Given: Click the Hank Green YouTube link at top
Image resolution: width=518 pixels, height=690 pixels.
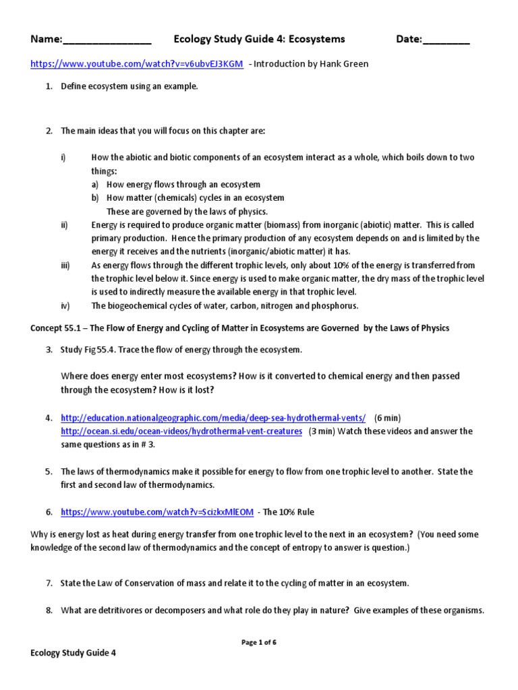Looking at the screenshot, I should coord(136,64).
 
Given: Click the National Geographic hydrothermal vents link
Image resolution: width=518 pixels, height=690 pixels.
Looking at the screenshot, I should coord(213,418).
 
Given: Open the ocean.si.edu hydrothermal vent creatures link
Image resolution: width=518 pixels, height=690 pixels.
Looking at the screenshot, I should coord(181,431).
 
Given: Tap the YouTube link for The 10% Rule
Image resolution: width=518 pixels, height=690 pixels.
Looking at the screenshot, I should coord(157,512).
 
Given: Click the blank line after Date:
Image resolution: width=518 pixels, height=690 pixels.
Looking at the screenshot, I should coord(446,40).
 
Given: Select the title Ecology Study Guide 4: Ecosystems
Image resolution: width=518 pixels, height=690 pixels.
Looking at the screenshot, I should coord(259,40).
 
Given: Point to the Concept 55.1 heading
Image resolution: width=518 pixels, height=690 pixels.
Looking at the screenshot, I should coord(239,328).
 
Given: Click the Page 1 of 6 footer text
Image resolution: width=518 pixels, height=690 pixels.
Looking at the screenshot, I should coord(259,642).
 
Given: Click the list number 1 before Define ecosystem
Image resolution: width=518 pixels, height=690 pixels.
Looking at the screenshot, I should coord(49,86).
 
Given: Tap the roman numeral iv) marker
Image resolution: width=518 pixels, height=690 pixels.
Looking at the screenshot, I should coord(65,305).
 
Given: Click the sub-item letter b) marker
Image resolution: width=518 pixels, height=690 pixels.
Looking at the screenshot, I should coord(96,198).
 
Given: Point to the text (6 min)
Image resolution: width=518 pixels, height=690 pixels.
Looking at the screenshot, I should coord(388,418).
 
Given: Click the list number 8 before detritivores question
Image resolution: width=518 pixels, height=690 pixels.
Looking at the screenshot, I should coord(49,610).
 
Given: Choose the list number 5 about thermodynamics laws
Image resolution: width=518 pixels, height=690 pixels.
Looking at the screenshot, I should coord(49,472).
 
